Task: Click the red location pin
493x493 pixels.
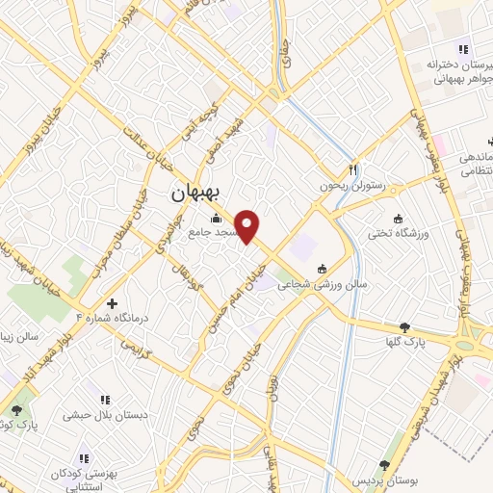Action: [247, 226]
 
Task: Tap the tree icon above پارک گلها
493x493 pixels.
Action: [404, 327]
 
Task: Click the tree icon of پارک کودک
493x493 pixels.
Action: [17, 411]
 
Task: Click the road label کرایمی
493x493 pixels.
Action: [141, 348]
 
